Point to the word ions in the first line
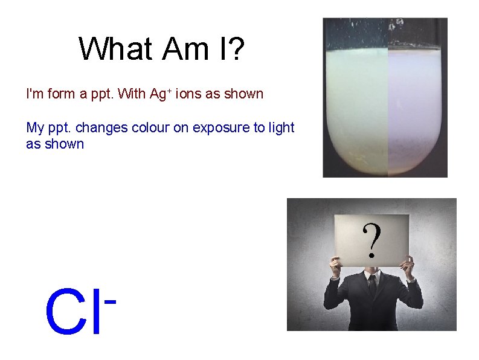point(188,94)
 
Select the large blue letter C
point(65,313)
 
